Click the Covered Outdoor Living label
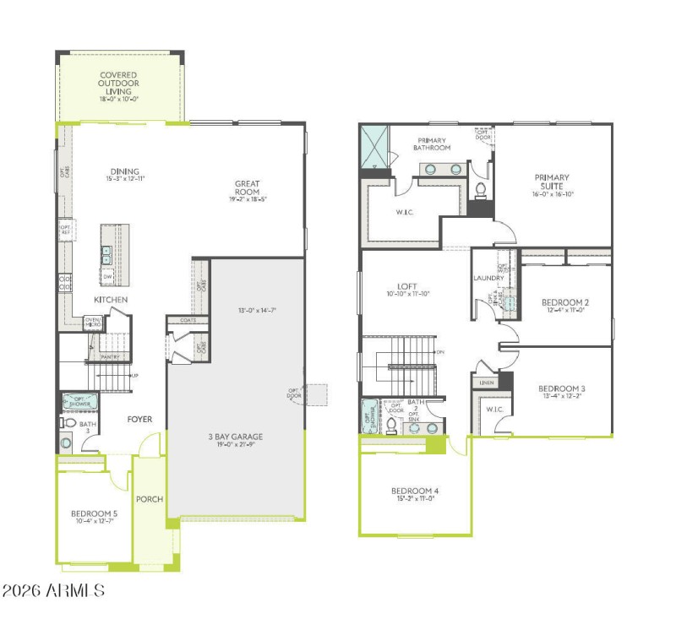pyautogui.click(x=119, y=83)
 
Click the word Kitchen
pyautogui.click(x=111, y=300)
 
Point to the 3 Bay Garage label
pyautogui.click(x=236, y=437)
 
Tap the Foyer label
pyautogui.click(x=139, y=419)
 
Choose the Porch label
pyautogui.click(x=150, y=498)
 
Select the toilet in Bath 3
pyautogui.click(x=68, y=422)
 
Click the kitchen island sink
pyautogui.click(x=107, y=252)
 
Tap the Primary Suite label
pyautogui.click(x=551, y=182)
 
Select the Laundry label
pyautogui.click(x=489, y=278)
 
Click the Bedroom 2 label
pyautogui.click(x=564, y=301)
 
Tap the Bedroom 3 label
pyautogui.click(x=562, y=389)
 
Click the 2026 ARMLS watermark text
pyautogui.click(x=53, y=590)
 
